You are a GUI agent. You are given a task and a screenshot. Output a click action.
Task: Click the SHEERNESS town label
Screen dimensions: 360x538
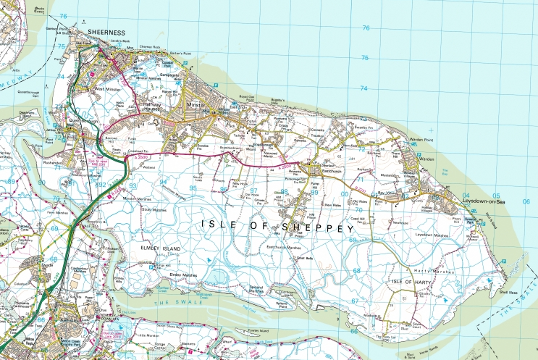point(106,33)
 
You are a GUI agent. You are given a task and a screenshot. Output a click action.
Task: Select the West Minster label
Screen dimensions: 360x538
point(106,88)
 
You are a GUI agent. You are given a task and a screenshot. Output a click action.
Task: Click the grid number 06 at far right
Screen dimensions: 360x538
point(526,201)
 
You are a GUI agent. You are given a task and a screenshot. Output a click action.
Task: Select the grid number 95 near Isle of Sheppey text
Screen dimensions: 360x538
point(193,188)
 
